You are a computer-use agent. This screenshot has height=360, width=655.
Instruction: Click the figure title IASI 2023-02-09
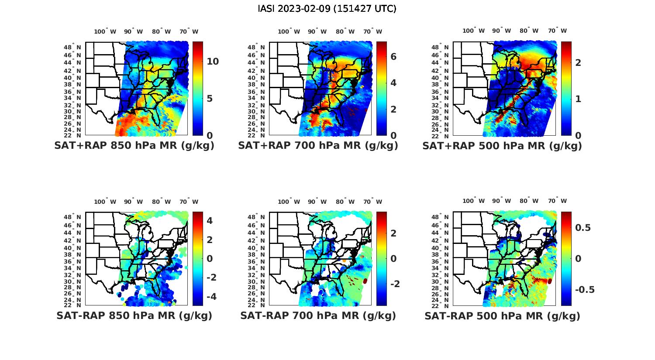tap(327, 9)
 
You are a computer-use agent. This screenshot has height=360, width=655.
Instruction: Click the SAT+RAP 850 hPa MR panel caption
tap(134, 146)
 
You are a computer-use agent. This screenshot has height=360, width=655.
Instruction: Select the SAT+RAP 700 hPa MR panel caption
tap(318, 146)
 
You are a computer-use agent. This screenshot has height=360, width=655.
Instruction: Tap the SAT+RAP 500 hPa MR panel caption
tap(502, 146)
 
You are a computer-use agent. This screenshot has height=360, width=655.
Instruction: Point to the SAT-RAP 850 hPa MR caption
tap(134, 315)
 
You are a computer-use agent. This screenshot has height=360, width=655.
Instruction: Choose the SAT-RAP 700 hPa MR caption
tap(318, 315)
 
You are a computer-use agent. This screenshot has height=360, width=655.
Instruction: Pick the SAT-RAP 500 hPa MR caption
tap(502, 315)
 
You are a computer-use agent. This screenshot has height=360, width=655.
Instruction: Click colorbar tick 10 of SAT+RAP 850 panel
tap(213, 62)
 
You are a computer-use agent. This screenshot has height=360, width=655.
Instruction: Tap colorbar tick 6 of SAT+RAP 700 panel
tap(393, 57)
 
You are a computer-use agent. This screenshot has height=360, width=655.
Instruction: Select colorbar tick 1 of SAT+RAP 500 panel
tap(578, 99)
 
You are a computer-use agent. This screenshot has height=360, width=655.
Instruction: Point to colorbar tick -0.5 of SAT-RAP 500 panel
tap(585, 290)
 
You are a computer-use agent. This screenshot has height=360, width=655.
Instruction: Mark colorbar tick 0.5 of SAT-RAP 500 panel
tap(583, 228)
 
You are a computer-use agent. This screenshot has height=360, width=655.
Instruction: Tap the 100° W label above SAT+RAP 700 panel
tap(289, 31)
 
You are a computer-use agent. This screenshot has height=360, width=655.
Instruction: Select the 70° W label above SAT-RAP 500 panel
tap(557, 201)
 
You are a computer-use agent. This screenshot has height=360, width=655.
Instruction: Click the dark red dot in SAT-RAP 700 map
tap(365, 282)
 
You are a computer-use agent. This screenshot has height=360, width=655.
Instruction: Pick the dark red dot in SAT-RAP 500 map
tap(550, 281)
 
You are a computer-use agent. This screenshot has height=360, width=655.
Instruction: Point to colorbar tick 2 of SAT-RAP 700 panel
tap(393, 233)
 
